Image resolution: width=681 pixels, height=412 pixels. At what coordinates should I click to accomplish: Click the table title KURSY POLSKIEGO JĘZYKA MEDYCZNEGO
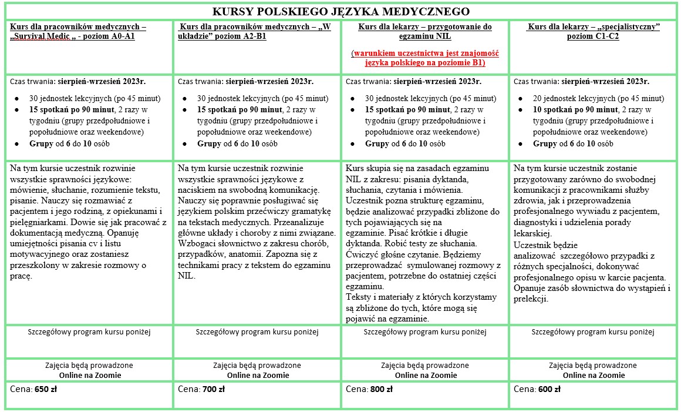tap(340, 12)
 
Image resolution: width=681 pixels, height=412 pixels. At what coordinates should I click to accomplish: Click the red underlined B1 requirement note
tap(425, 58)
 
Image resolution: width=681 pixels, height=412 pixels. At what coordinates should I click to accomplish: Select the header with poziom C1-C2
tap(593, 32)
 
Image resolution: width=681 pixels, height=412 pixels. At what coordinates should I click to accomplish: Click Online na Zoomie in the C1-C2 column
tap(594, 375)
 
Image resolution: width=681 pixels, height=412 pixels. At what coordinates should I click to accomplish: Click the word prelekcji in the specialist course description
tap(531, 299)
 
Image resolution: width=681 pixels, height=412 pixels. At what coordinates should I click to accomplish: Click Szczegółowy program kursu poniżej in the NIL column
tap(425, 332)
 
